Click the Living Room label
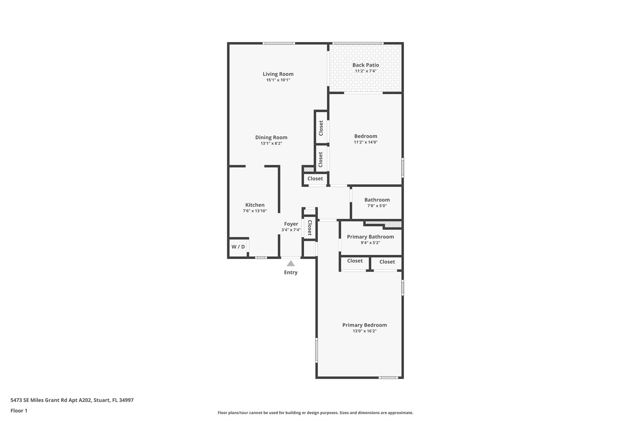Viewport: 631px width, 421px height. point(278,74)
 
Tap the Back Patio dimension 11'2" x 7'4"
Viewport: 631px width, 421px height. point(366,71)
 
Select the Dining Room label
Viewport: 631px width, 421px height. point(271,138)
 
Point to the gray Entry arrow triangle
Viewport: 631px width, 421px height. point(291,263)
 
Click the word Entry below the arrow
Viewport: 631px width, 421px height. point(291,272)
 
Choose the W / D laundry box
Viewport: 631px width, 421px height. point(238,247)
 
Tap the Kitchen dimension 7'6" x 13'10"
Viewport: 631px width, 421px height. point(255,211)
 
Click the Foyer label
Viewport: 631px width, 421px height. point(291,224)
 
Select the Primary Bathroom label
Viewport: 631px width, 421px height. point(370,237)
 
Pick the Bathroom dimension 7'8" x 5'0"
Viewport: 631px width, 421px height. point(377,206)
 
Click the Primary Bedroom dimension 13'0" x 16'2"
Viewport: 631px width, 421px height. point(364,331)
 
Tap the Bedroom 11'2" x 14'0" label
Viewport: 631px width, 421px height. point(366,139)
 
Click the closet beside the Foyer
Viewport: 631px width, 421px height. point(310,228)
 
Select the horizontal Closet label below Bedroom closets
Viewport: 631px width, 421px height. point(315,179)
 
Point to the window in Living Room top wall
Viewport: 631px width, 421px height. point(279,43)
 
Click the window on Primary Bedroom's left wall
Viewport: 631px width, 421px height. point(316,350)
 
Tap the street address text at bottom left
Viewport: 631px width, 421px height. point(72,400)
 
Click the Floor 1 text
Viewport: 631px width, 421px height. point(19,411)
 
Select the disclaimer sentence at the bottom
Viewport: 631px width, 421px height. point(315,413)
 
